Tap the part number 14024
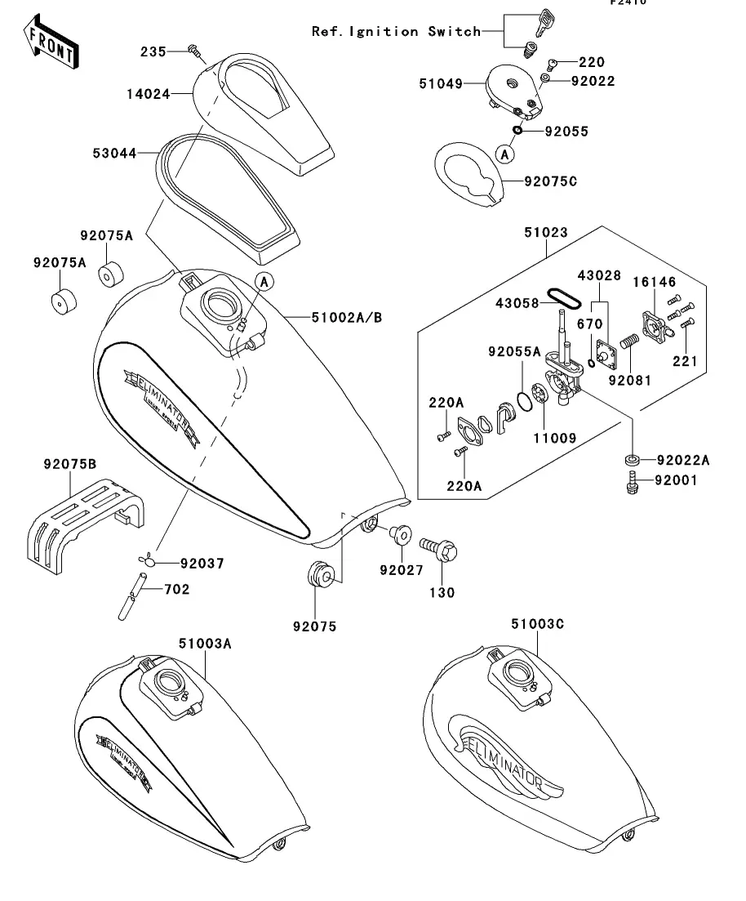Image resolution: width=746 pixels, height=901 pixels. (148, 94)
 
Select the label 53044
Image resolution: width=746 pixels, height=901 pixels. (114, 153)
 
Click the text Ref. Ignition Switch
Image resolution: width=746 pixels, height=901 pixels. (396, 32)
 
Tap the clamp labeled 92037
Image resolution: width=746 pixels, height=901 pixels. (146, 560)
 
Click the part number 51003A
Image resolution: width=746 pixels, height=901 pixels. (206, 644)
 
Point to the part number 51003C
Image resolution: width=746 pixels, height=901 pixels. (538, 625)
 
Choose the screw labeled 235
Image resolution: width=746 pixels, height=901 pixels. (196, 51)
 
